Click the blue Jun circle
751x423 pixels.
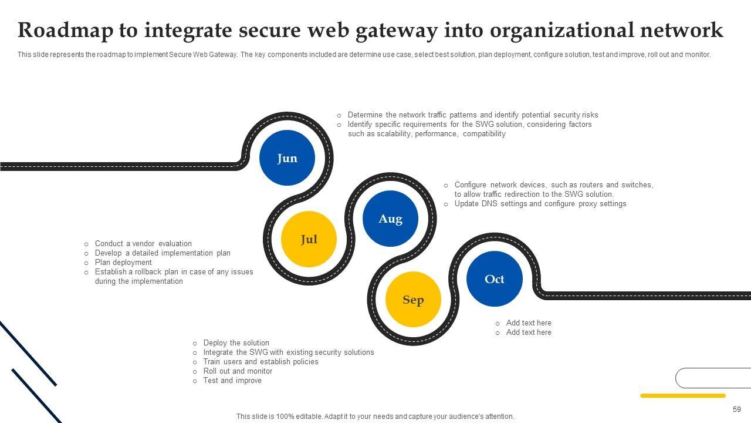287,158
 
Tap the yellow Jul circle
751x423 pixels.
309,239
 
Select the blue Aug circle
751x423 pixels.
390,219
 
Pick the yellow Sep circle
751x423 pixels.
413,300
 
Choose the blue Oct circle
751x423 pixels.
494,279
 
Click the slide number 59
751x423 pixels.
736,409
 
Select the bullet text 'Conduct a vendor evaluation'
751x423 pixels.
143,244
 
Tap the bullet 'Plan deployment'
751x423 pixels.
123,263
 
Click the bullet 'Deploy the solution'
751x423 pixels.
236,343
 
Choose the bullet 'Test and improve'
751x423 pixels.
232,381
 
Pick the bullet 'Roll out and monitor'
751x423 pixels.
238,371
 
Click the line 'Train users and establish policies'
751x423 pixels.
261,362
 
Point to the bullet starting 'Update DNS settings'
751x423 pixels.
540,204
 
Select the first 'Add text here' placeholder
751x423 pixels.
529,323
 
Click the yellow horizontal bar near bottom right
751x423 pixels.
682,396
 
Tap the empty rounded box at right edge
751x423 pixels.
713,378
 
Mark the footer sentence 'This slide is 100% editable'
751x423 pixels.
375,417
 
